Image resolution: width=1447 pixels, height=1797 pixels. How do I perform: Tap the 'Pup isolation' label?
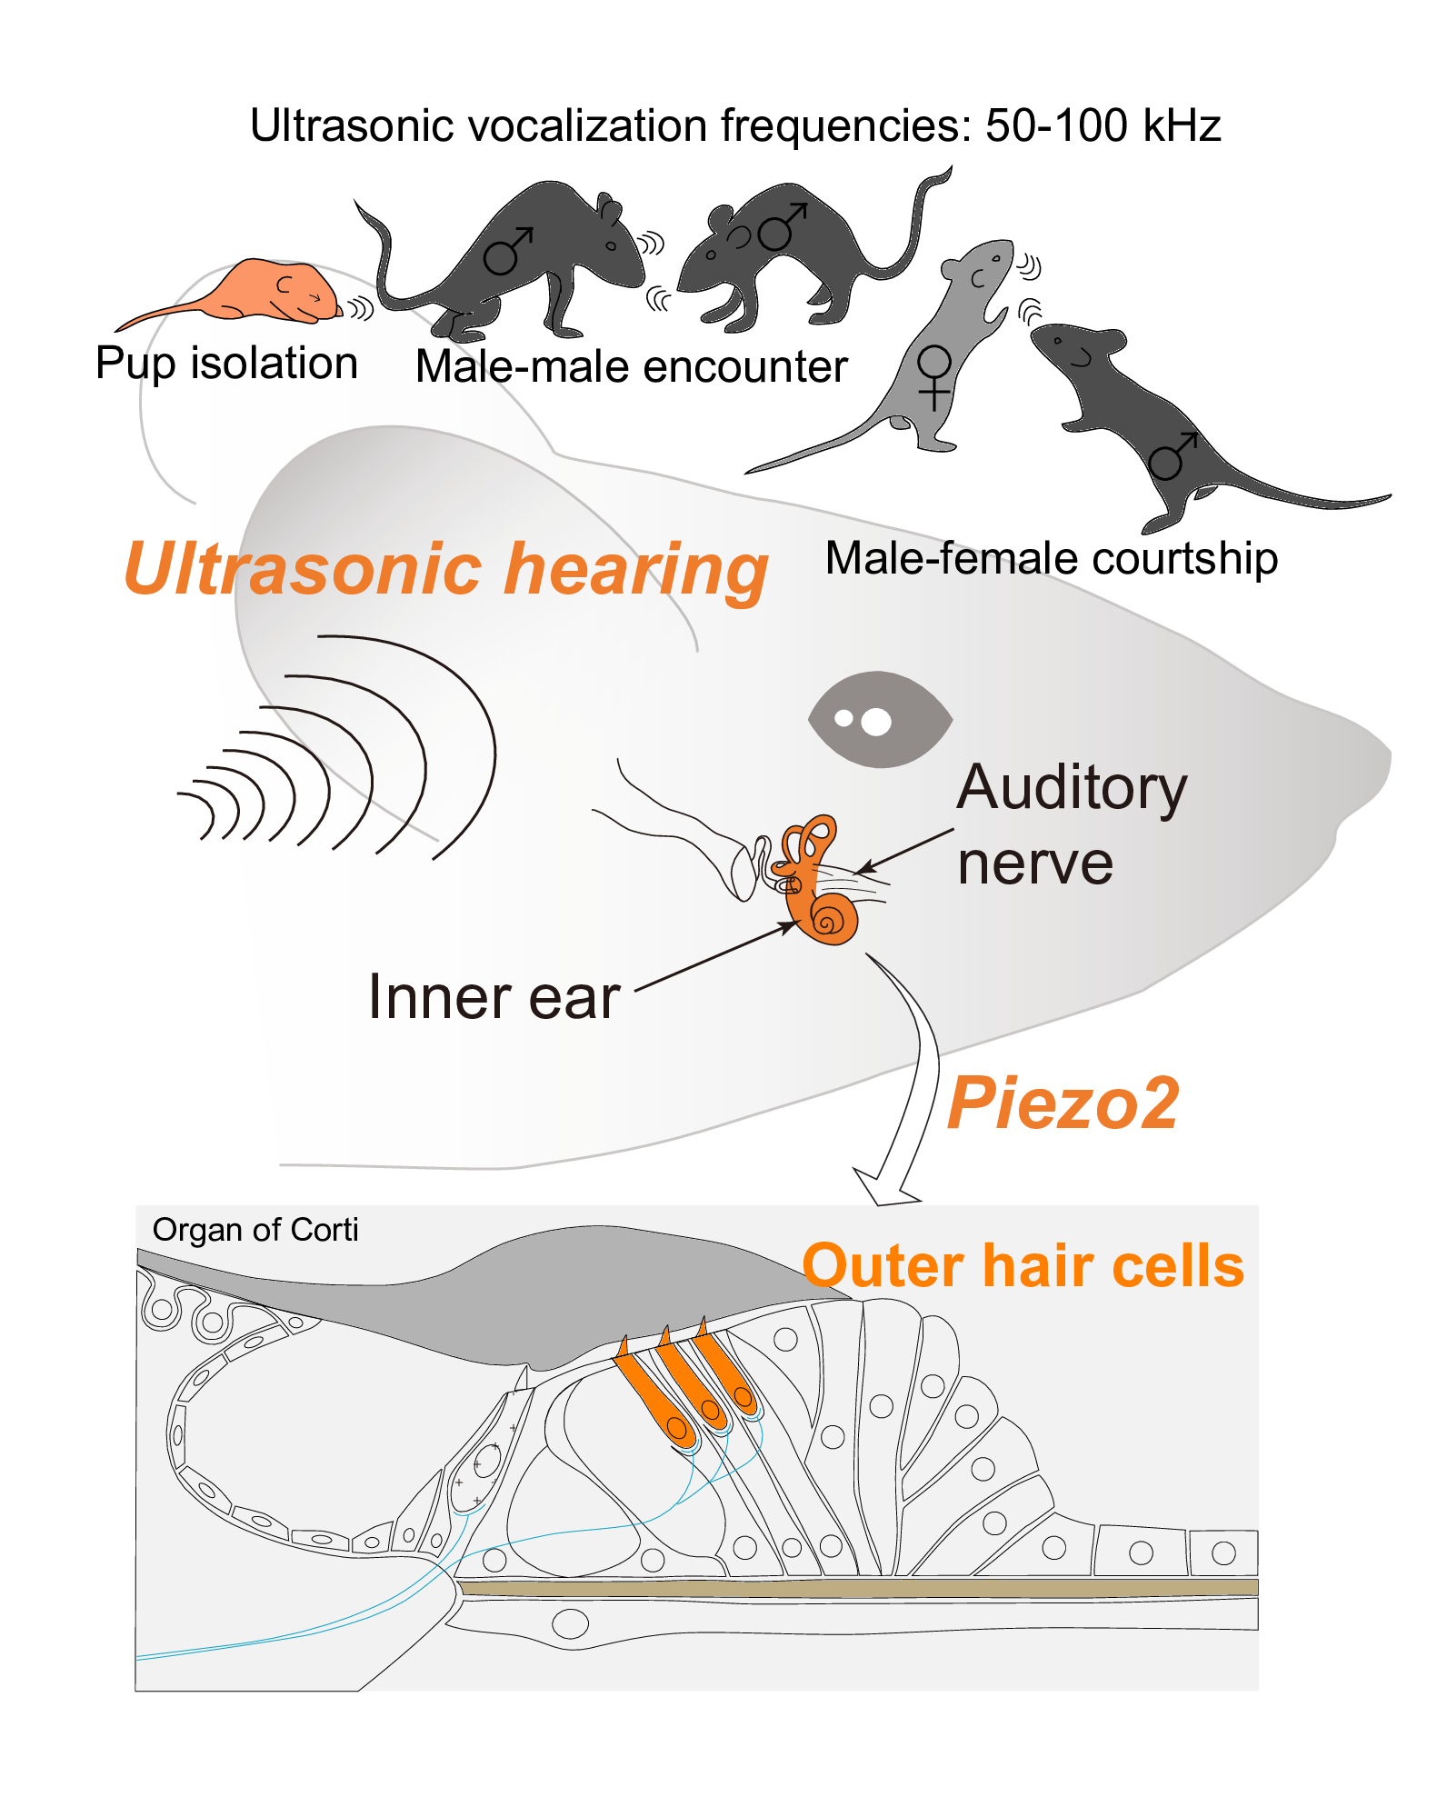click(x=226, y=364)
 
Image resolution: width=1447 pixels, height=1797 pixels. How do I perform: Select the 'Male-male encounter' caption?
click(x=631, y=367)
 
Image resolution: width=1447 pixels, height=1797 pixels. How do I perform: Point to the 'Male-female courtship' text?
click(x=1051, y=558)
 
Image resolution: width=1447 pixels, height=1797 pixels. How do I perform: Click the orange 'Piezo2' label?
click(x=1063, y=1103)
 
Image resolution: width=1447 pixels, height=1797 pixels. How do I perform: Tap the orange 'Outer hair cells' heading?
click(x=1023, y=1266)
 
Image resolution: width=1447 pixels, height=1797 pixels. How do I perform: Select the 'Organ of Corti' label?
click(x=255, y=1230)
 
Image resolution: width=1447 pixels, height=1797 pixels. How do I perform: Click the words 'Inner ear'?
click(x=494, y=997)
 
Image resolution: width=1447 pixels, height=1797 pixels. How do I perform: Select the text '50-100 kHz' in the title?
click(x=1103, y=125)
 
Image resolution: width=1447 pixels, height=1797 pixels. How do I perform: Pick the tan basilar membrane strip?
click(x=854, y=1588)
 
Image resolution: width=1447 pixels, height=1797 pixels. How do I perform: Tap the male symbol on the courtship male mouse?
click(x=1173, y=456)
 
